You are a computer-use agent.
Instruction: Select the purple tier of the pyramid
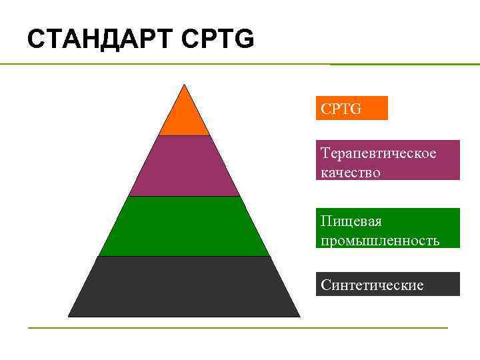(x=184, y=167)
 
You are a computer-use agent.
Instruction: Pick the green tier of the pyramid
(x=184, y=227)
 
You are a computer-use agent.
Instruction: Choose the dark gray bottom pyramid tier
(x=184, y=287)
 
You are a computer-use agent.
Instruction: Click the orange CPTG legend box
(x=351, y=108)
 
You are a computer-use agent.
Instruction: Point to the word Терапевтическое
(x=379, y=153)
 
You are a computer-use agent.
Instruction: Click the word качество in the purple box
(x=351, y=172)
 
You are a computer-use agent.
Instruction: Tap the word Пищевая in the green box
(x=351, y=221)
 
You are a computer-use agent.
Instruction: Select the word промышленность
(x=380, y=240)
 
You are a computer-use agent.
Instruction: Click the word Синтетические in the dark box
(x=372, y=285)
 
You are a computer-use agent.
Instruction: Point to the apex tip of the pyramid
(x=184, y=85)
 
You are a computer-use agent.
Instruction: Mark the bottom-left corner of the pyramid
(x=69, y=316)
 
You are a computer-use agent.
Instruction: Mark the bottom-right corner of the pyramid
(x=299, y=316)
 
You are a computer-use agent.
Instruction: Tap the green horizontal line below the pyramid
(x=237, y=327)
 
